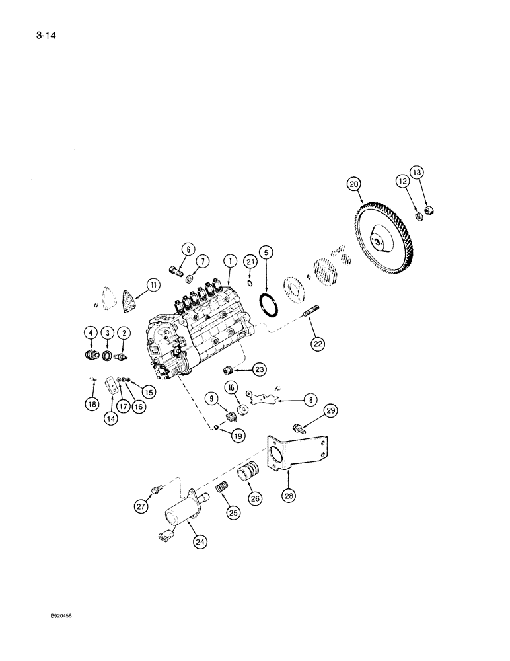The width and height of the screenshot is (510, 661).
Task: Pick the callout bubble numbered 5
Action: point(266,252)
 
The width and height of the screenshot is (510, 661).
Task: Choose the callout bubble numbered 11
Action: point(153,285)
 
